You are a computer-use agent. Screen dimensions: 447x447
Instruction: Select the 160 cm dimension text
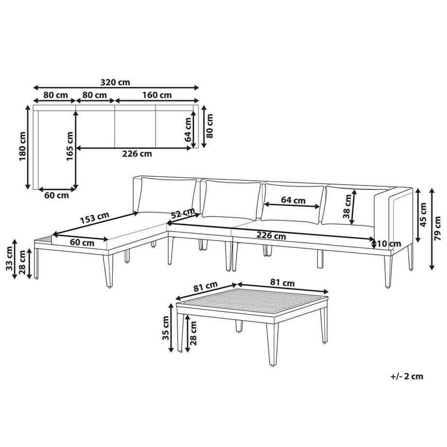(x=157, y=95)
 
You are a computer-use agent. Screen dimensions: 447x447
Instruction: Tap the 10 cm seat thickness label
(x=389, y=243)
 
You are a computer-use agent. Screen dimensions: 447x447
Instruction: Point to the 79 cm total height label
(x=439, y=229)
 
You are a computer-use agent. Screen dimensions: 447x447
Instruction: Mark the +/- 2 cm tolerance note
(x=406, y=376)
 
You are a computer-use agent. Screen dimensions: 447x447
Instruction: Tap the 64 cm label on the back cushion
(x=293, y=200)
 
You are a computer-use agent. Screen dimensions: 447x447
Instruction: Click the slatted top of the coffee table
(x=253, y=304)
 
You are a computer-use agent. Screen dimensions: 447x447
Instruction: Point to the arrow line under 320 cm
(x=116, y=88)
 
